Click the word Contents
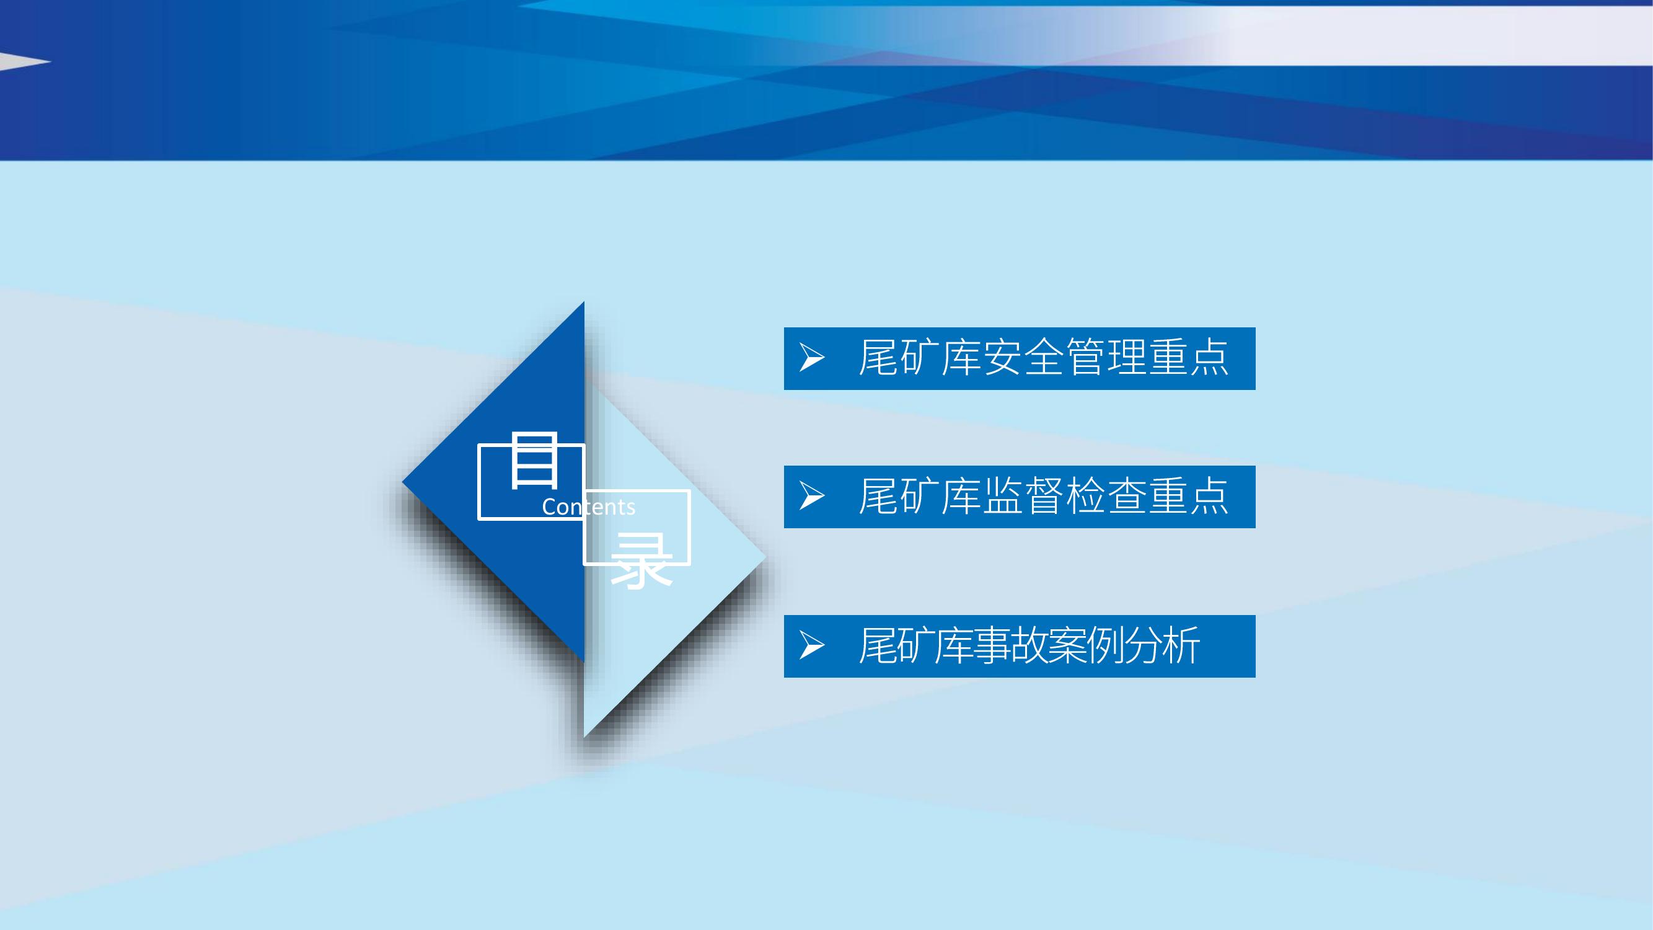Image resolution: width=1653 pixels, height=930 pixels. [588, 507]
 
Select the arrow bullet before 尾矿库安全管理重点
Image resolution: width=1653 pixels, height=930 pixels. [812, 358]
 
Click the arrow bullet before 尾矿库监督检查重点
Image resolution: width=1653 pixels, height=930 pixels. [812, 496]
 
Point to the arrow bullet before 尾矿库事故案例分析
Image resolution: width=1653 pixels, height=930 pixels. [812, 645]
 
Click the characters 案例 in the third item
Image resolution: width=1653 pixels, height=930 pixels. [1086, 645]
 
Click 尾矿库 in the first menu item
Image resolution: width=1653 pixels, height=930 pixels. [920, 358]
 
